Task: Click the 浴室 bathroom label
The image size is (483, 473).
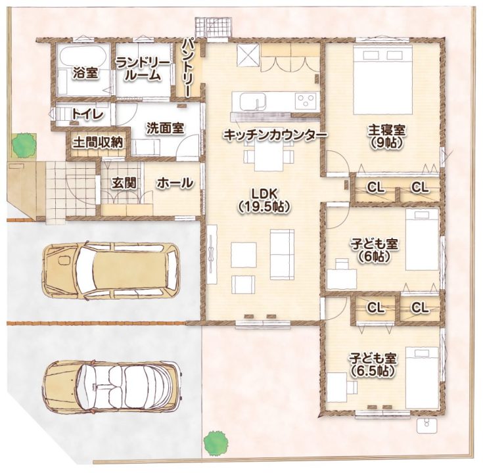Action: (x=85, y=74)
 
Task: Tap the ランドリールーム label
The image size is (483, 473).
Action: (x=143, y=70)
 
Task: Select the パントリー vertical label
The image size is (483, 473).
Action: (x=187, y=67)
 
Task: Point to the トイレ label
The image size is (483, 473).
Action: (x=87, y=114)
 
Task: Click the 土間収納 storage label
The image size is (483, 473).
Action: (x=98, y=143)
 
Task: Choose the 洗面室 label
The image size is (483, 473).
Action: (x=165, y=128)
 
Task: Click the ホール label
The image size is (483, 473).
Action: (x=175, y=183)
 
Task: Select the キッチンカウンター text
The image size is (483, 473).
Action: (x=275, y=135)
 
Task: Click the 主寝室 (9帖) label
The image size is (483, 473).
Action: (x=387, y=137)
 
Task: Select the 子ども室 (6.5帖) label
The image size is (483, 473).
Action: (x=373, y=365)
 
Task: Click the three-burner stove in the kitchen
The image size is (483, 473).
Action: (x=306, y=101)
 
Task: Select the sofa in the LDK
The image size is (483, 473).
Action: (x=282, y=255)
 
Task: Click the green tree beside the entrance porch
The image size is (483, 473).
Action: (x=24, y=144)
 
